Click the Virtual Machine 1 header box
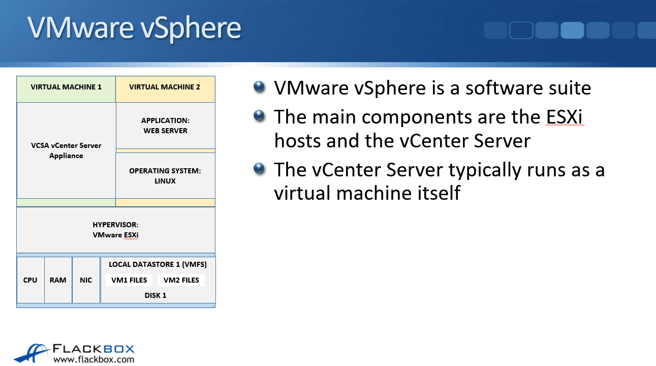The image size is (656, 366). (x=66, y=89)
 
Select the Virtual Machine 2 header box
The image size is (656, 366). (x=165, y=89)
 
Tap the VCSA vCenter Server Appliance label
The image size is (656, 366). (x=66, y=150)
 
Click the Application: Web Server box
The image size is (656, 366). (x=166, y=126)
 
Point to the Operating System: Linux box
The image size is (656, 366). (x=165, y=176)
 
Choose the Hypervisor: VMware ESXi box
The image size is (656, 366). (x=116, y=230)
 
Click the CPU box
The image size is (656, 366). (x=30, y=280)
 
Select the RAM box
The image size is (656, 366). (x=58, y=280)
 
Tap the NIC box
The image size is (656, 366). (x=86, y=280)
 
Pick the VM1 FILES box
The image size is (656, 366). (x=129, y=280)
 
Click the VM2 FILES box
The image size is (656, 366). (x=181, y=280)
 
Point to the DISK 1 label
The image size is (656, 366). (x=155, y=295)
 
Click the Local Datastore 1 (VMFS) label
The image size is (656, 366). (x=158, y=264)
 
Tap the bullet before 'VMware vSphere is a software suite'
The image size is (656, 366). (x=259, y=87)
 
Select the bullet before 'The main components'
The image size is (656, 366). (x=259, y=116)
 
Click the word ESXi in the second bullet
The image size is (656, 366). (x=565, y=117)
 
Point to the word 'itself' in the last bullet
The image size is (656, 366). (x=439, y=193)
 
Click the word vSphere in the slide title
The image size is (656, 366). (x=191, y=28)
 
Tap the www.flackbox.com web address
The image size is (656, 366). (x=93, y=359)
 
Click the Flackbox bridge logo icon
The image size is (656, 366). (x=32, y=353)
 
